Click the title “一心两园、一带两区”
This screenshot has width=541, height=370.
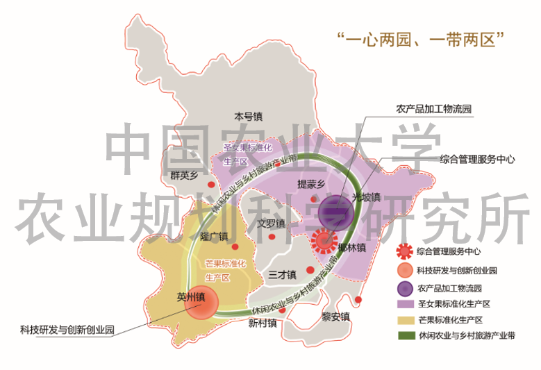(x=420, y=37)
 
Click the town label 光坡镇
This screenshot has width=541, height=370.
(x=366, y=196)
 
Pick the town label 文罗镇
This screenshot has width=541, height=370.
(x=271, y=224)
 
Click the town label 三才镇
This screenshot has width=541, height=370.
(x=282, y=274)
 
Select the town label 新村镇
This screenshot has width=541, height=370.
(x=263, y=323)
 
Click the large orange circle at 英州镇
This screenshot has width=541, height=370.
(x=197, y=303)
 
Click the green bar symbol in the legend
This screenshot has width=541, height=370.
(x=402, y=335)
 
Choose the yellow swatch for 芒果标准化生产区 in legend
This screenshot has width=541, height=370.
(x=402, y=319)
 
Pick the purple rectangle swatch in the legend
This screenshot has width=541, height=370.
(x=402, y=304)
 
